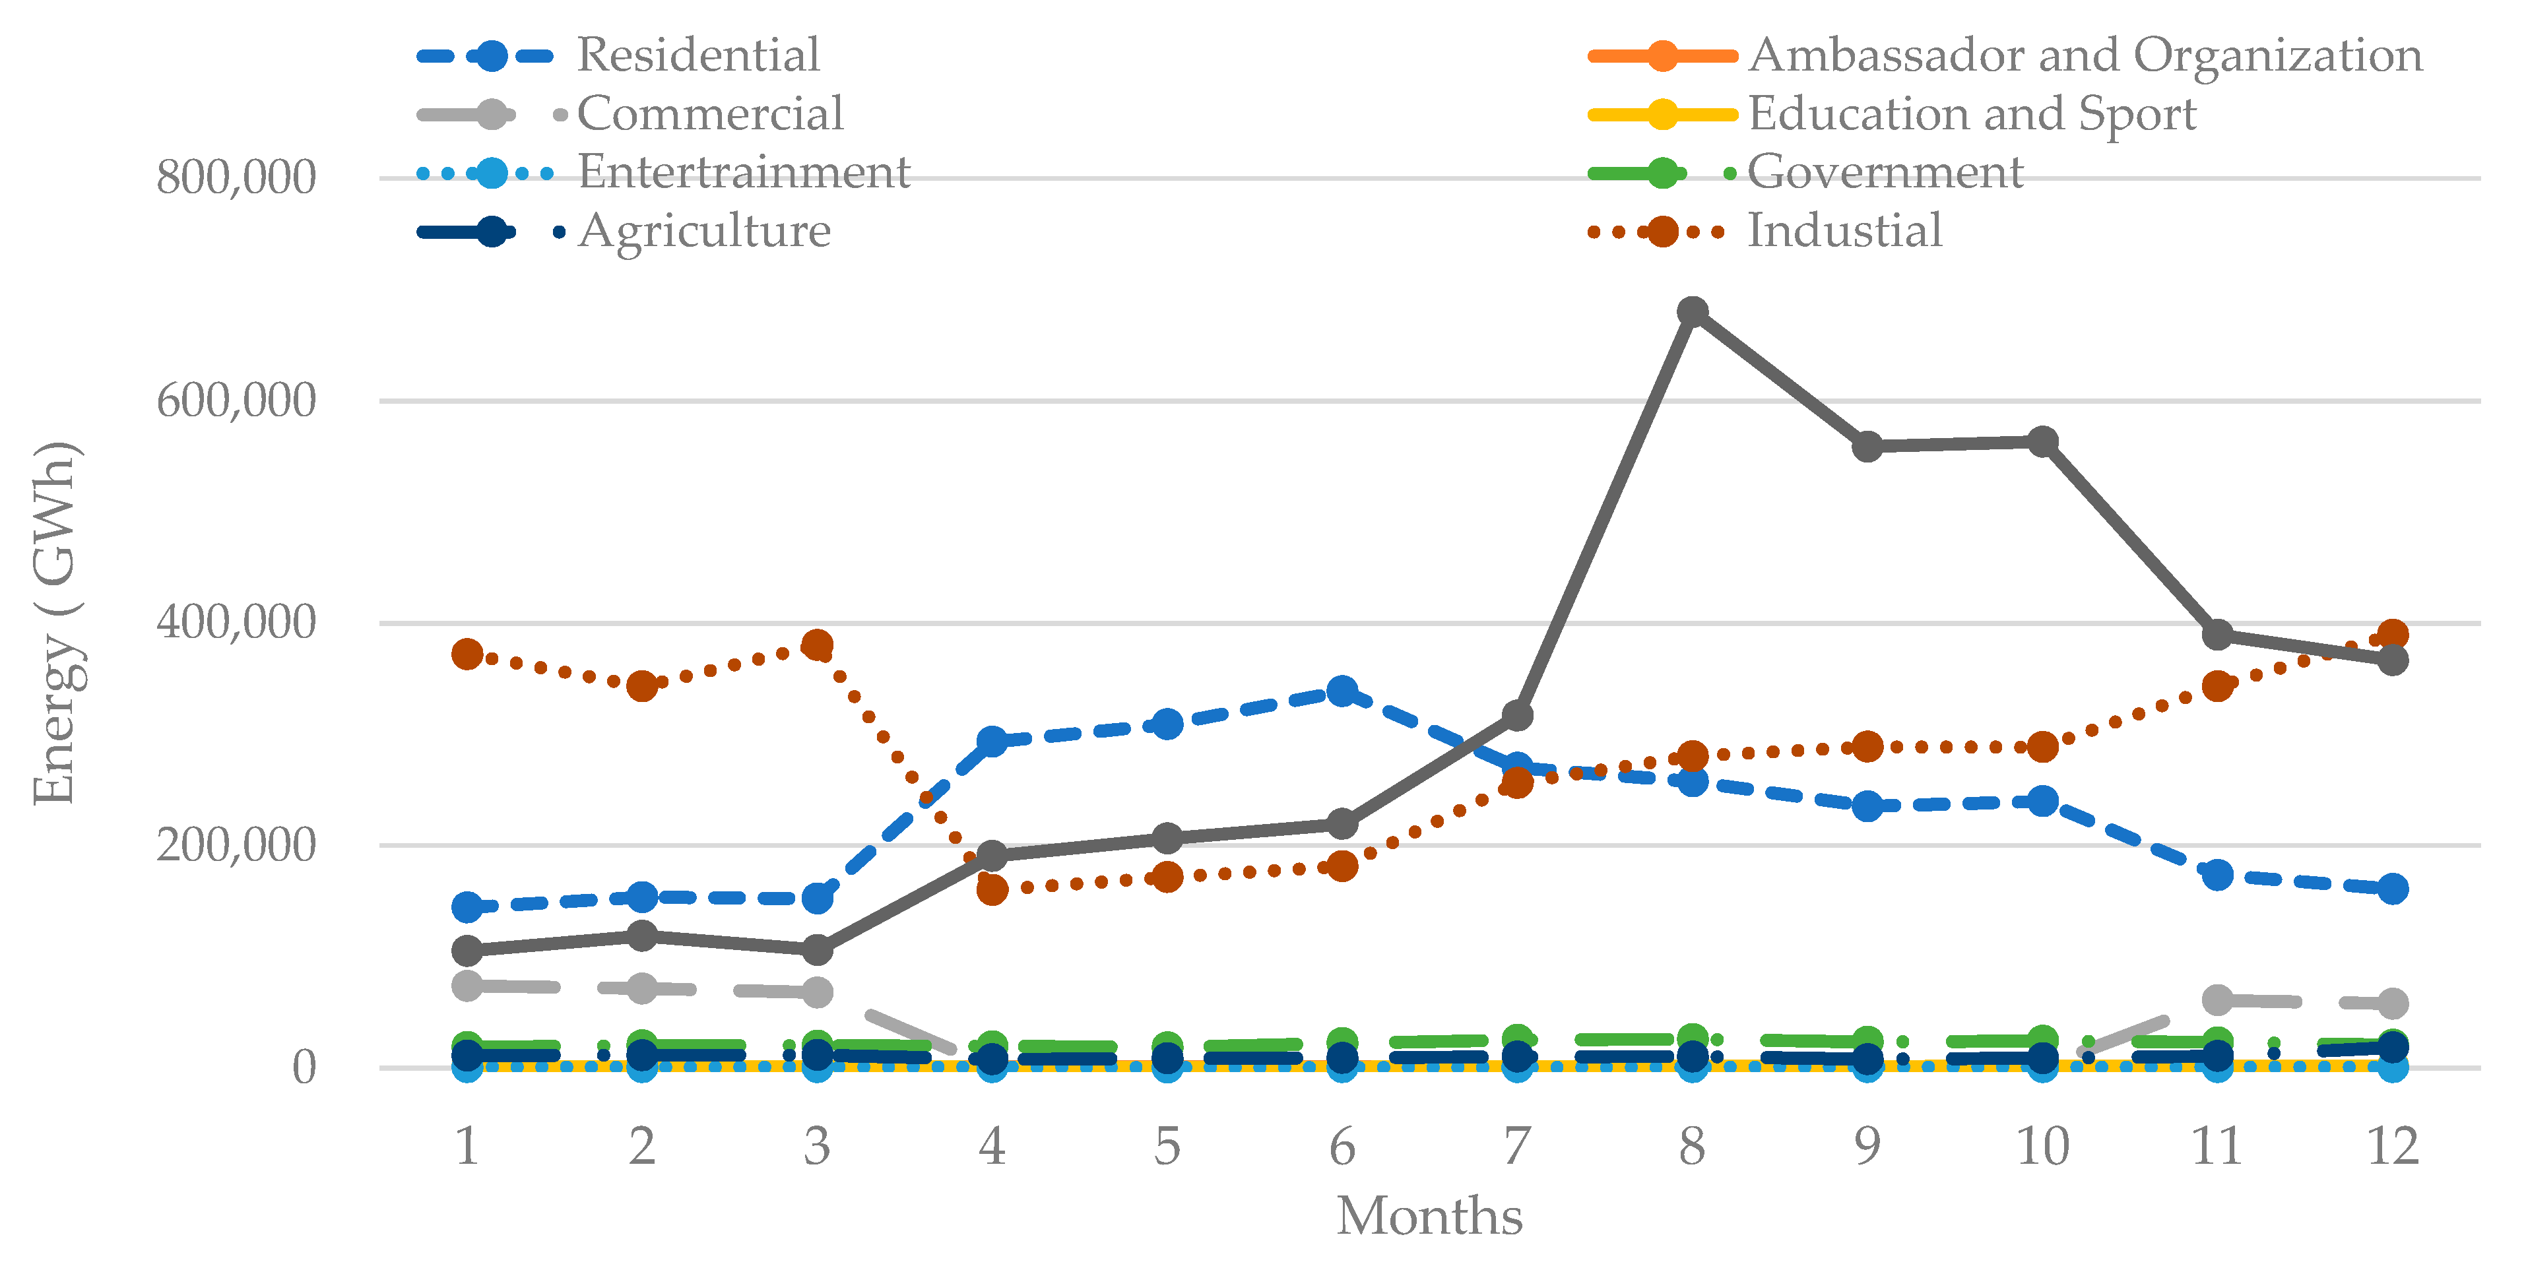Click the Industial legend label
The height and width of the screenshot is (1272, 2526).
point(1844,232)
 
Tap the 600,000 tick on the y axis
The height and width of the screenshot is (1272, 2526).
point(236,400)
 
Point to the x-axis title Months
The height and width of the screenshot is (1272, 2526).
point(1429,1216)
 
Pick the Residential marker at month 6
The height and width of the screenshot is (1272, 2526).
point(1342,691)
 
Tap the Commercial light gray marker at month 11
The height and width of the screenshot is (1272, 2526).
point(2217,1000)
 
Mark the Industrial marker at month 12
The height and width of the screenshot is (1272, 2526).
point(2393,635)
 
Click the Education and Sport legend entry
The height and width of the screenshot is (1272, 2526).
point(1971,113)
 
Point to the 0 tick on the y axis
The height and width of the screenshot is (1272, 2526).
point(304,1067)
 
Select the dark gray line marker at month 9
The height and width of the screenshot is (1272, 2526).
point(1867,446)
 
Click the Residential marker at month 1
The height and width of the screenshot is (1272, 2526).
point(467,907)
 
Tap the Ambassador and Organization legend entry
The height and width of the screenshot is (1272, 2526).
point(2084,55)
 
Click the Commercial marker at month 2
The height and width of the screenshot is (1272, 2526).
point(641,988)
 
